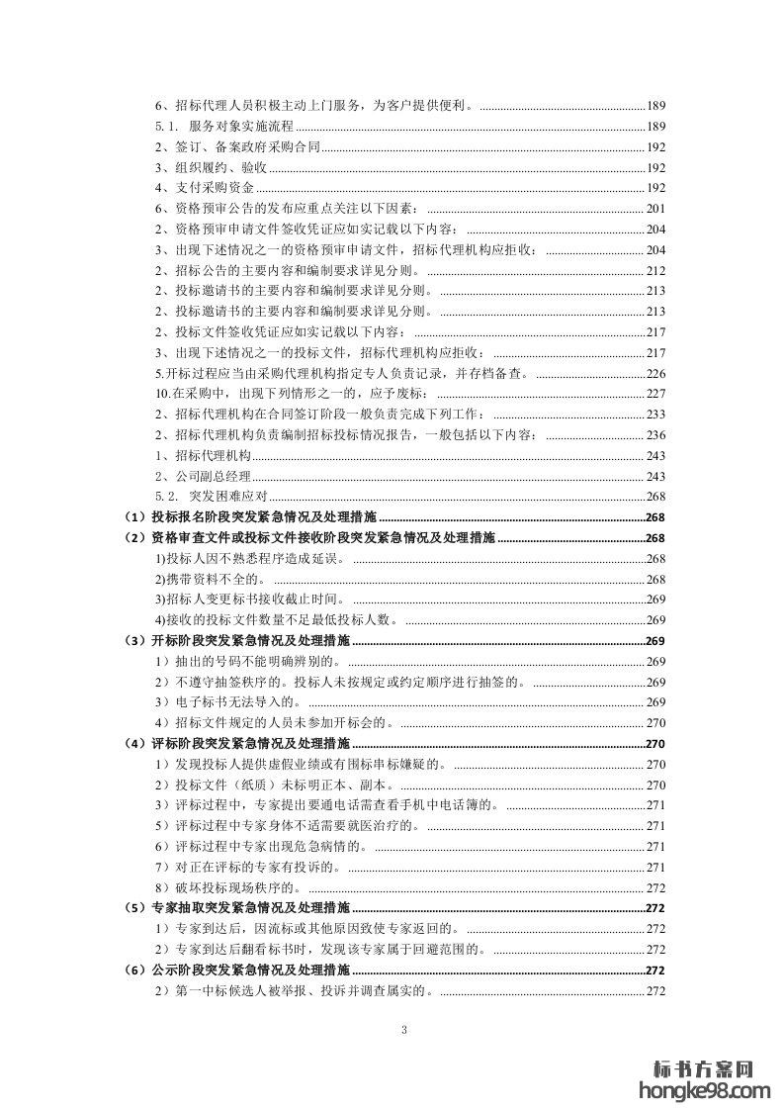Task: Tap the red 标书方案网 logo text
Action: pyautogui.click(x=705, y=1068)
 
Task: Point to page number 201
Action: pyautogui.click(x=655, y=208)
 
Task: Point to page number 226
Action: pyautogui.click(x=655, y=373)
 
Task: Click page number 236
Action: pyautogui.click(x=655, y=435)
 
